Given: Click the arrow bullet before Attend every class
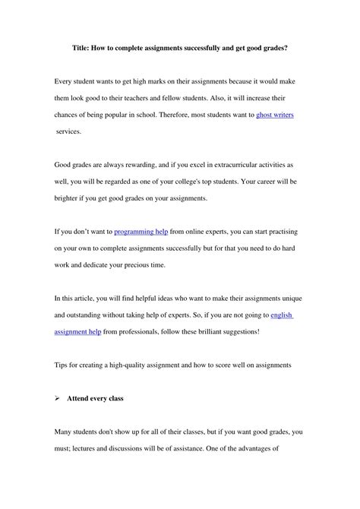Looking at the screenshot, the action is pos(59,398).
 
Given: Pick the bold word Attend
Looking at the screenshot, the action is pos(87,398).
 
